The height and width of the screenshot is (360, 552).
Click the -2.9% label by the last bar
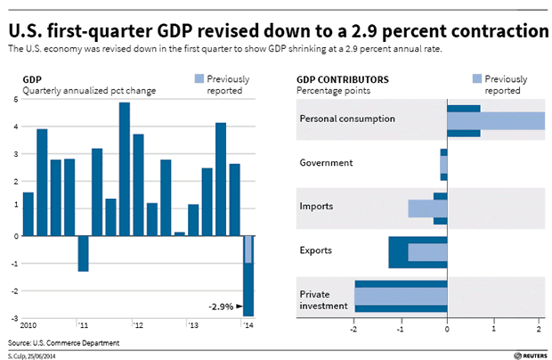[221, 307]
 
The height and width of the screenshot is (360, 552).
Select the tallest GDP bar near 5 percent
[124, 168]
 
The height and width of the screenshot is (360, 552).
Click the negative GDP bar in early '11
[84, 253]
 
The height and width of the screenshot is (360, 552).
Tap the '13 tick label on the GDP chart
[192, 325]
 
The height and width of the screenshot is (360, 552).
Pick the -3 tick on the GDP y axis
[14, 317]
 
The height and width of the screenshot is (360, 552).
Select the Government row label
[327, 163]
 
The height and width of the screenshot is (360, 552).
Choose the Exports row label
[316, 250]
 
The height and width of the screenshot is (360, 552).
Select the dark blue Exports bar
[397, 252]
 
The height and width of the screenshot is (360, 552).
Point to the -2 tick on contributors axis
[354, 326]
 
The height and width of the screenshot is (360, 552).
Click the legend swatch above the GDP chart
[199, 79]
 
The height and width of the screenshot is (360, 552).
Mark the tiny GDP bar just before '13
[179, 233]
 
